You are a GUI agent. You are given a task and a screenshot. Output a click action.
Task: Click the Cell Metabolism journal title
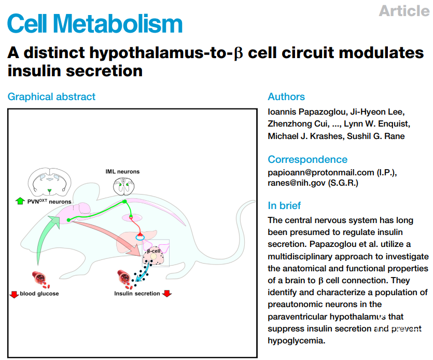pyautogui.click(x=95, y=23)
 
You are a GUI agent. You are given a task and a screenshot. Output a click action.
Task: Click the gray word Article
pyautogui.click(x=404, y=11)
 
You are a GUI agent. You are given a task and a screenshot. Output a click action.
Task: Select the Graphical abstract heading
pyautogui.click(x=51, y=96)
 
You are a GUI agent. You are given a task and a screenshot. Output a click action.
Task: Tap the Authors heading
pyautogui.click(x=286, y=96)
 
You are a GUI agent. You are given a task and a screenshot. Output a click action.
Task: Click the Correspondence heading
pyautogui.click(x=308, y=159)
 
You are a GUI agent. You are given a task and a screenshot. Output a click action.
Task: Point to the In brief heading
pyautogui.click(x=284, y=205)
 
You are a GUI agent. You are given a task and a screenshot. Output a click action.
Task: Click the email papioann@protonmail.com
pyautogui.click(x=321, y=172)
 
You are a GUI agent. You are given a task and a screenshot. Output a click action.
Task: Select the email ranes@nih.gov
pyautogui.click(x=297, y=183)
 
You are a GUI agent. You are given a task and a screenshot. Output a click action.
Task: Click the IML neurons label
pyautogui.click(x=122, y=172)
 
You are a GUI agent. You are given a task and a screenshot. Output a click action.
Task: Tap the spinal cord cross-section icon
pyautogui.click(x=124, y=186)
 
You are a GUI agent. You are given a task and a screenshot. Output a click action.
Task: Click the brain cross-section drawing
pyautogui.click(x=49, y=181)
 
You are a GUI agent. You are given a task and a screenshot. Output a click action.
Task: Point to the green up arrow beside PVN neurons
pyautogui.click(x=20, y=201)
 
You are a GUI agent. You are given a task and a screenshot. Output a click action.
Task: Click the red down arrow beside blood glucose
pyautogui.click(x=14, y=294)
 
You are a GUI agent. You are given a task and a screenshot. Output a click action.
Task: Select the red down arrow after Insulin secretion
pyautogui.click(x=167, y=294)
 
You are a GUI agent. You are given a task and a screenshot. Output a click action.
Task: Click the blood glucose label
pyautogui.click(x=39, y=294)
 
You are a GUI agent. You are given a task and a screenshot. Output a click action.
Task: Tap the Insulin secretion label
pyautogui.click(x=137, y=294)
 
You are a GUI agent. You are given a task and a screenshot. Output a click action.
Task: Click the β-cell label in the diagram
pyautogui.click(x=153, y=251)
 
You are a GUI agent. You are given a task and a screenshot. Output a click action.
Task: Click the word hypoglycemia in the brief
pyautogui.click(x=296, y=341)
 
